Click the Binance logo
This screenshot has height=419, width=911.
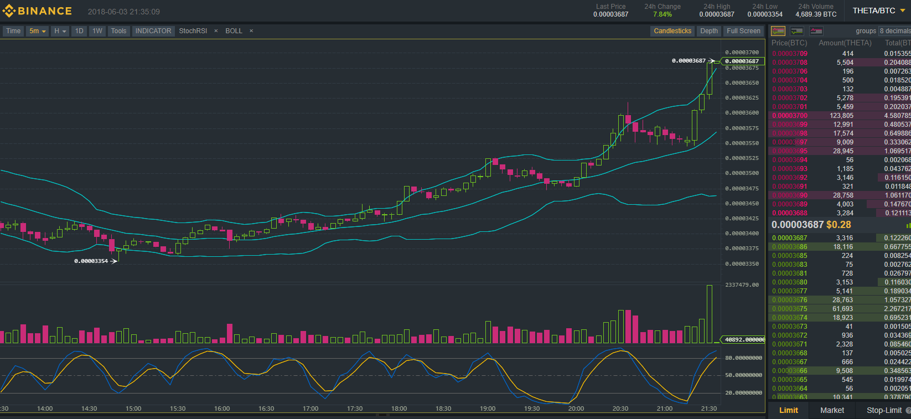coord(38,11)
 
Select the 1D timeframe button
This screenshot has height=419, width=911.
coord(79,31)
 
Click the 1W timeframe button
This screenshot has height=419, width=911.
coord(97,31)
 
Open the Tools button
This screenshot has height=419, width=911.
coord(118,31)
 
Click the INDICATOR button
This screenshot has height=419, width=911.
coord(153,31)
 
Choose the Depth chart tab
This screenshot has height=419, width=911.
coord(709,31)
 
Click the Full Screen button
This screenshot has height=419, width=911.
coord(743,31)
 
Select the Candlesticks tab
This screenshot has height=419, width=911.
coord(672,31)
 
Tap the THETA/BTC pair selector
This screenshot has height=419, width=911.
coord(874,11)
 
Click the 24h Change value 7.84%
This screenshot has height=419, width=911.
coord(662,14)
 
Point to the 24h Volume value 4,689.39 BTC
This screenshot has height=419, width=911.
coord(816,14)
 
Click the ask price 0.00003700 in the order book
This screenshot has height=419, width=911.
coord(790,116)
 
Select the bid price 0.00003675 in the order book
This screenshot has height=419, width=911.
coord(790,309)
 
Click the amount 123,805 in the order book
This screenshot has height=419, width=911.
coord(841,116)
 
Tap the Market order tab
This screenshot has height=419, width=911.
coord(832,410)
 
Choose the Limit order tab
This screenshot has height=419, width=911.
coord(789,410)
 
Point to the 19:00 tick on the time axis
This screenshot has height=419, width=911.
coord(488,408)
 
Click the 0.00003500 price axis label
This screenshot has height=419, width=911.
coord(742,173)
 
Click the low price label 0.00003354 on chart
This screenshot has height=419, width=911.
coord(91,261)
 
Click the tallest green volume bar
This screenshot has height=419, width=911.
coord(710,314)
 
